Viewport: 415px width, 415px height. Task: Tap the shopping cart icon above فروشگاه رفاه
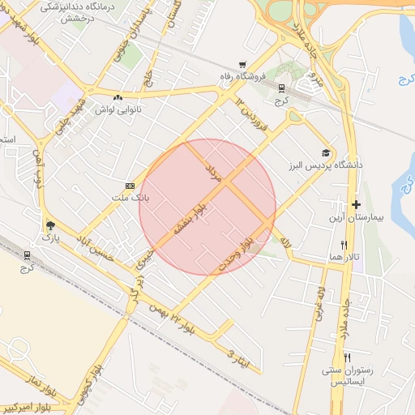coord(242,65)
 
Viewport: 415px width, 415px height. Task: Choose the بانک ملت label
coord(129,197)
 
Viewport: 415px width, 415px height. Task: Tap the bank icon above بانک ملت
coord(129,186)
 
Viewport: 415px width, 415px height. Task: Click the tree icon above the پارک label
coord(51,225)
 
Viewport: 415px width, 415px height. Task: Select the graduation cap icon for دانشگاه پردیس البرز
coord(326,152)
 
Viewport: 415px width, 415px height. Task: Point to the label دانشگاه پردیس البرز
coord(324,165)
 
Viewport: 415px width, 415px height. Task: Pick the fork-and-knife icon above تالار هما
coord(344,244)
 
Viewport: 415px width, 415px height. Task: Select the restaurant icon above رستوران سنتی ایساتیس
coord(348,357)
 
